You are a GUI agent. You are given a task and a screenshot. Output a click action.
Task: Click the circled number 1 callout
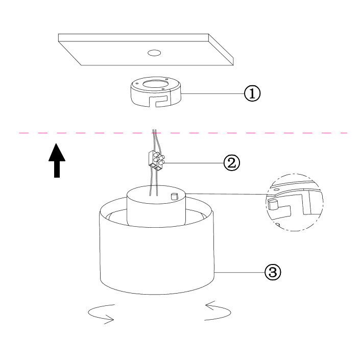252,93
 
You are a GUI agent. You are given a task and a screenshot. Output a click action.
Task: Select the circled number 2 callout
232,163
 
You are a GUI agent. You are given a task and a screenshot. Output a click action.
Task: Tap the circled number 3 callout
273,272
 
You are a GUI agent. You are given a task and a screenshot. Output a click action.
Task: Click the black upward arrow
57,160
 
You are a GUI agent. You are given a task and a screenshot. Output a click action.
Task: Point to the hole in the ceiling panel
154,53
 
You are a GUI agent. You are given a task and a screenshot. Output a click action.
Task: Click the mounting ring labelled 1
156,91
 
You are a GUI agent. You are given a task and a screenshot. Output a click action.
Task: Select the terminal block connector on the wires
156,159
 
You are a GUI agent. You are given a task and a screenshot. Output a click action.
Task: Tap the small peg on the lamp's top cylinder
174,197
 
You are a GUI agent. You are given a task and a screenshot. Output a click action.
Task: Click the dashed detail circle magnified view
295,202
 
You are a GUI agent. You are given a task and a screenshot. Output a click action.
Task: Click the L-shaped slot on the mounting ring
160,101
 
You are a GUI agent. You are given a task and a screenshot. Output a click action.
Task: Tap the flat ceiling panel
146,50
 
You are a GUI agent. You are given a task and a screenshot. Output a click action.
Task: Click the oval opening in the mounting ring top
156,84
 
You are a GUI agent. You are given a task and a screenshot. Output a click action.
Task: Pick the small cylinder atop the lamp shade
156,206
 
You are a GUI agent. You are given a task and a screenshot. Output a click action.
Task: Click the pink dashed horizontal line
183,133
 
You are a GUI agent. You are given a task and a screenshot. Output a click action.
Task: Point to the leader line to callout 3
239,272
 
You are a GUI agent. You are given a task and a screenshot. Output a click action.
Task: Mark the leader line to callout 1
212,93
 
